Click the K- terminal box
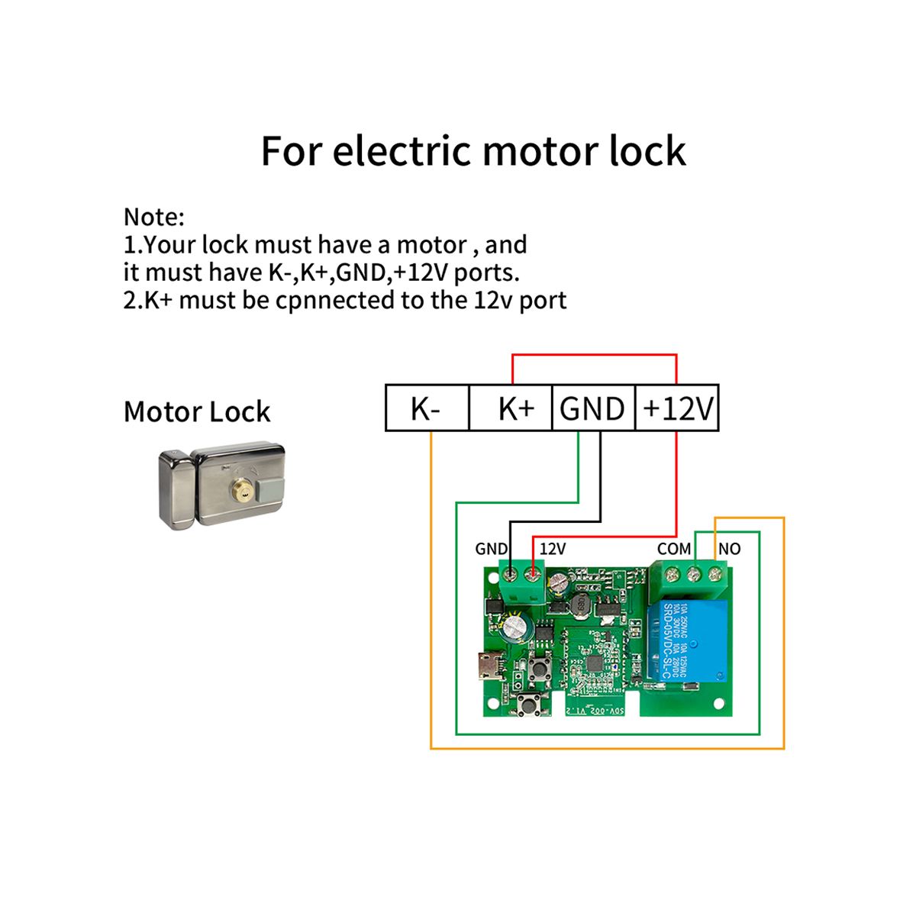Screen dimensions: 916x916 tap(426, 408)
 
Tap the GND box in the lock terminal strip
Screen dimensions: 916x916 tap(592, 408)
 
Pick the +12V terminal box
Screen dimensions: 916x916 tap(677, 408)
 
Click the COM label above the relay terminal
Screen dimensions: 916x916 tap(674, 549)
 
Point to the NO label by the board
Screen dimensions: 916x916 tap(729, 549)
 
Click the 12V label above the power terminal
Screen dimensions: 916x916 tap(553, 549)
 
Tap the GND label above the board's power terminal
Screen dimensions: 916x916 tap(491, 549)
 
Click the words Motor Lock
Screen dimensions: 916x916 tap(197, 412)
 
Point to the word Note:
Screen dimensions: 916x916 tap(154, 218)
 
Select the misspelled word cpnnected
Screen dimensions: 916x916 tap(335, 300)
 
